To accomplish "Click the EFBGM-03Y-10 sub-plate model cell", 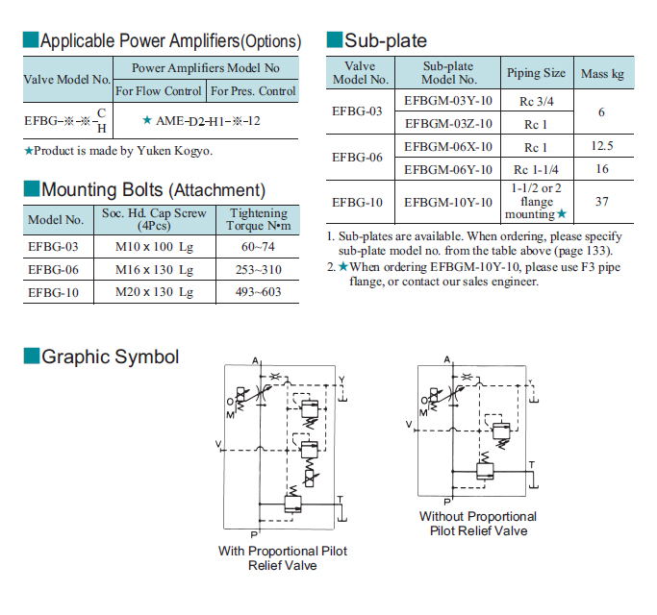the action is [x=447, y=101].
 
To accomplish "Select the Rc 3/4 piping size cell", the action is [x=537, y=101].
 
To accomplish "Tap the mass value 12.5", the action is [x=602, y=146].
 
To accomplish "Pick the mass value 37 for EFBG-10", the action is [x=602, y=202].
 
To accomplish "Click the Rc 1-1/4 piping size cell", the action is [x=537, y=169].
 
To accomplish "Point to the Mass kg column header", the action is [x=602, y=74].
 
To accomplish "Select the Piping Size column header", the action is [x=537, y=73].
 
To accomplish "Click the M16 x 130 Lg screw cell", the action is [x=154, y=270].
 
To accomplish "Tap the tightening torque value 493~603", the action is [x=258, y=292].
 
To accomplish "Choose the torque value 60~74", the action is [x=258, y=247].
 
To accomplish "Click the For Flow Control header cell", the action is [x=159, y=91].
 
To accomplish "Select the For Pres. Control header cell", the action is [x=253, y=91].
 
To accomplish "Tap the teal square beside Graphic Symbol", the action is [x=32, y=356].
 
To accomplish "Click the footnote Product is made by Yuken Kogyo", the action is [x=118, y=151].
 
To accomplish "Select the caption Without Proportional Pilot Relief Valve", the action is [x=478, y=524].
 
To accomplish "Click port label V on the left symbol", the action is [x=218, y=443].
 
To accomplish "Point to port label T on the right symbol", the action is [x=532, y=465].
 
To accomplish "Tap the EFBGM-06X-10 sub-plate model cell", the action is [x=448, y=147].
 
